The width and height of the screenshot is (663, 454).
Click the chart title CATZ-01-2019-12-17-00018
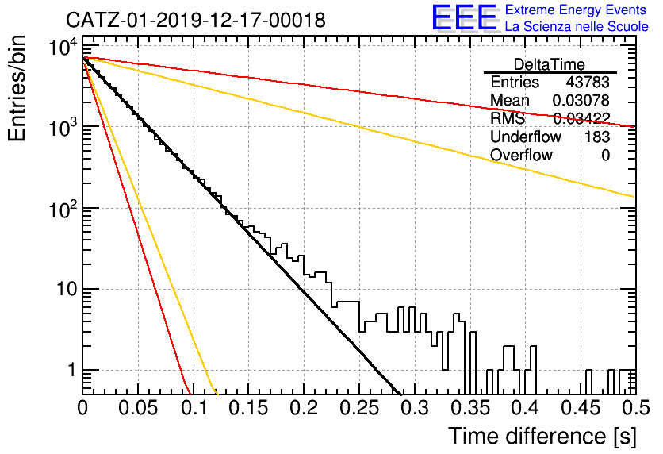coord(196,20)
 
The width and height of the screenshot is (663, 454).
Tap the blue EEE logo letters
coord(465,17)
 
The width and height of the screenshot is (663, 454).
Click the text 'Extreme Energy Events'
coord(576,10)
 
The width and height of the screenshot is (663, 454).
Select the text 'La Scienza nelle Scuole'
coord(577,27)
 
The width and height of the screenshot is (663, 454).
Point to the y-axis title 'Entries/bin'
coord(17,88)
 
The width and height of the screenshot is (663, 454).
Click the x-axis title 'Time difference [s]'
coord(542,437)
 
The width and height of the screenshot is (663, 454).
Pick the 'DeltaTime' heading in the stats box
coord(550,64)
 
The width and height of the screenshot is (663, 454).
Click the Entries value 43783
coord(588,82)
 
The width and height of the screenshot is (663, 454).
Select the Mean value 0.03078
coord(581,100)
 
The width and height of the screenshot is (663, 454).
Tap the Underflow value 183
coord(597,137)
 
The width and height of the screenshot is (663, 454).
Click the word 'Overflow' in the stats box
coord(521,155)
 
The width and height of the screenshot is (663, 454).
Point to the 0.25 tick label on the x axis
coord(360,408)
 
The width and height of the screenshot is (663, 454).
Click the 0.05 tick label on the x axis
coord(138,408)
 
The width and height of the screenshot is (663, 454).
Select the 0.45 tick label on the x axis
coord(581,408)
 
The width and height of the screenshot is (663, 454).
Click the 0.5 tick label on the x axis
coord(636,408)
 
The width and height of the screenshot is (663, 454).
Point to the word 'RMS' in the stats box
coord(508,118)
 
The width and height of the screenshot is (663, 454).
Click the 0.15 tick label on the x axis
coord(249,408)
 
